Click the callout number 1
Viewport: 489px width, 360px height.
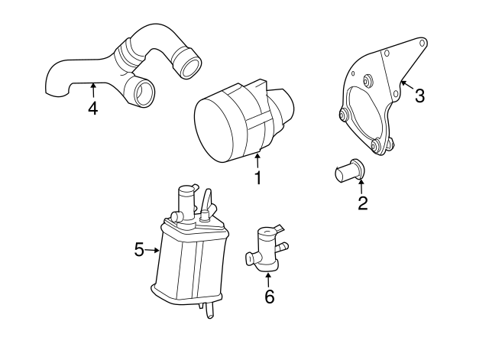click(258, 179)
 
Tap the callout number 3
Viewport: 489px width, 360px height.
click(419, 96)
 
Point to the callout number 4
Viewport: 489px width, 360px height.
click(92, 108)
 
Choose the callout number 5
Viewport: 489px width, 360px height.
click(139, 249)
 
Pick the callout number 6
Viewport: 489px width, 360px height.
click(268, 297)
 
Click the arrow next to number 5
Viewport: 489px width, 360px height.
click(154, 249)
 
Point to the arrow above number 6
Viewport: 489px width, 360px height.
click(268, 277)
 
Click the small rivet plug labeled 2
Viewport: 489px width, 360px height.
click(348, 171)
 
